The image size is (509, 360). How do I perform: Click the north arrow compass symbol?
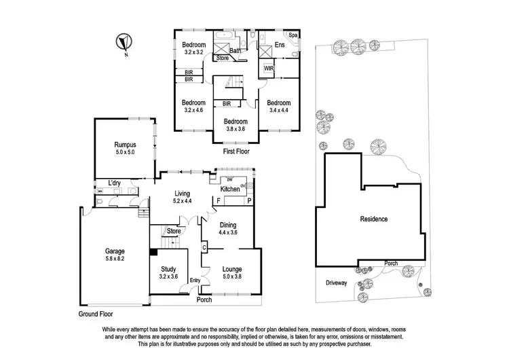pos(122,42)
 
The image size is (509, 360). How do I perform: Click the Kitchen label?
pos(230,189)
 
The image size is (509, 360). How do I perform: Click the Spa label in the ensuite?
pos(294,35)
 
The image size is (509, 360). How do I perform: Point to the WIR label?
pos(269,68)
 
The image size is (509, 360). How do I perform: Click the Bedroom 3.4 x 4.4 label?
pos(283,105)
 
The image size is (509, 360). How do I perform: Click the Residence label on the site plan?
pos(373,219)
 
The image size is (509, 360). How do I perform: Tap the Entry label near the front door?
pos(195,281)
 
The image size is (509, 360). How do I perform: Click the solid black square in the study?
pos(153,251)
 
